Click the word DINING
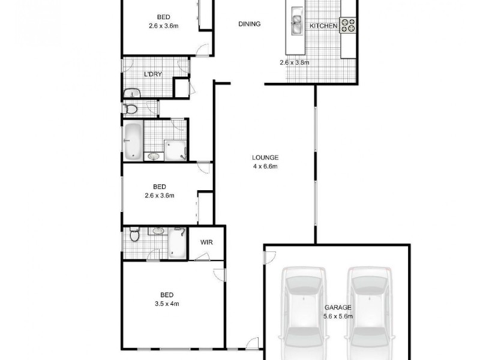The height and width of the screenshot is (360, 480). (x=249, y=25)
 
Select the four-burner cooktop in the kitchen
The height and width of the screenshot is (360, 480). (x=349, y=25)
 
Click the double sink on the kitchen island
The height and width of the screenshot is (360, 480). (x=297, y=25)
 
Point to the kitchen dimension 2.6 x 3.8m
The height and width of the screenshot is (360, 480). (x=294, y=62)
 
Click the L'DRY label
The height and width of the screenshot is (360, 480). (x=151, y=74)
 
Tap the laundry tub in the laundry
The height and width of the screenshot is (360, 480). (x=132, y=92)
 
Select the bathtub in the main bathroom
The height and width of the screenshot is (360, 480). (x=133, y=140)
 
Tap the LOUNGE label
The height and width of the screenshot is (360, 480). (x=265, y=158)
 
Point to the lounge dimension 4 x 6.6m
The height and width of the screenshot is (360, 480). (x=265, y=167)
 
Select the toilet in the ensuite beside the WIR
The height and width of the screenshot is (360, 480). (x=134, y=235)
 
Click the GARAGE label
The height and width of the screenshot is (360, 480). (x=338, y=308)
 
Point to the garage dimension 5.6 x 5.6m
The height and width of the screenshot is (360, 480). (x=338, y=316)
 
